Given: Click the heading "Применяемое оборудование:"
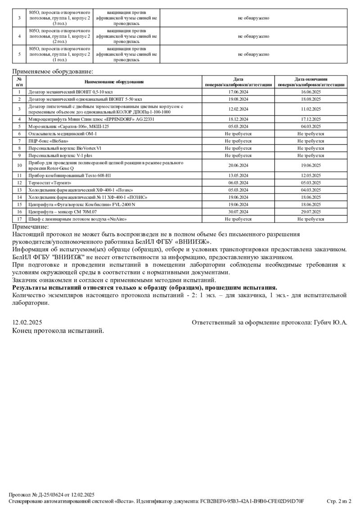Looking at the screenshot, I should coord(52,71).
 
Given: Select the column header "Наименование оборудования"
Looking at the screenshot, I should coord(114,82).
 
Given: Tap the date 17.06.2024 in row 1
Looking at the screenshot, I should coord(238,92).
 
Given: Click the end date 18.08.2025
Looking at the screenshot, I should coord(311,98).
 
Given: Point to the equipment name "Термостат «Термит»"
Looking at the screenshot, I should coord(50,183).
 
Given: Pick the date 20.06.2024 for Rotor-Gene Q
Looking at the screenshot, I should coord(238,165).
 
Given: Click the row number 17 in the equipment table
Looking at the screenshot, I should coord(19,219).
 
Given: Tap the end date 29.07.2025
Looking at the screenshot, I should coord(311,211).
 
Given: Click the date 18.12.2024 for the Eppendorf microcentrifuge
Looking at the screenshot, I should coord(238,119).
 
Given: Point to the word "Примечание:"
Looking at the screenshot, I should coord(30,227).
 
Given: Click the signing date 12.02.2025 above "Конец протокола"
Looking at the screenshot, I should coord(27,322).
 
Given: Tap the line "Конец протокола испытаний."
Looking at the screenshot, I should coord(58,330).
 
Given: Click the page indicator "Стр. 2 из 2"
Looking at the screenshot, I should coord(339,501).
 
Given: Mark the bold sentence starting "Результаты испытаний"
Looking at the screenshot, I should coord(144,287).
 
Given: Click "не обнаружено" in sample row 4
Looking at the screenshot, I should coord(254,36).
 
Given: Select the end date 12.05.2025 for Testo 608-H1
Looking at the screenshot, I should coord(311,175).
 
